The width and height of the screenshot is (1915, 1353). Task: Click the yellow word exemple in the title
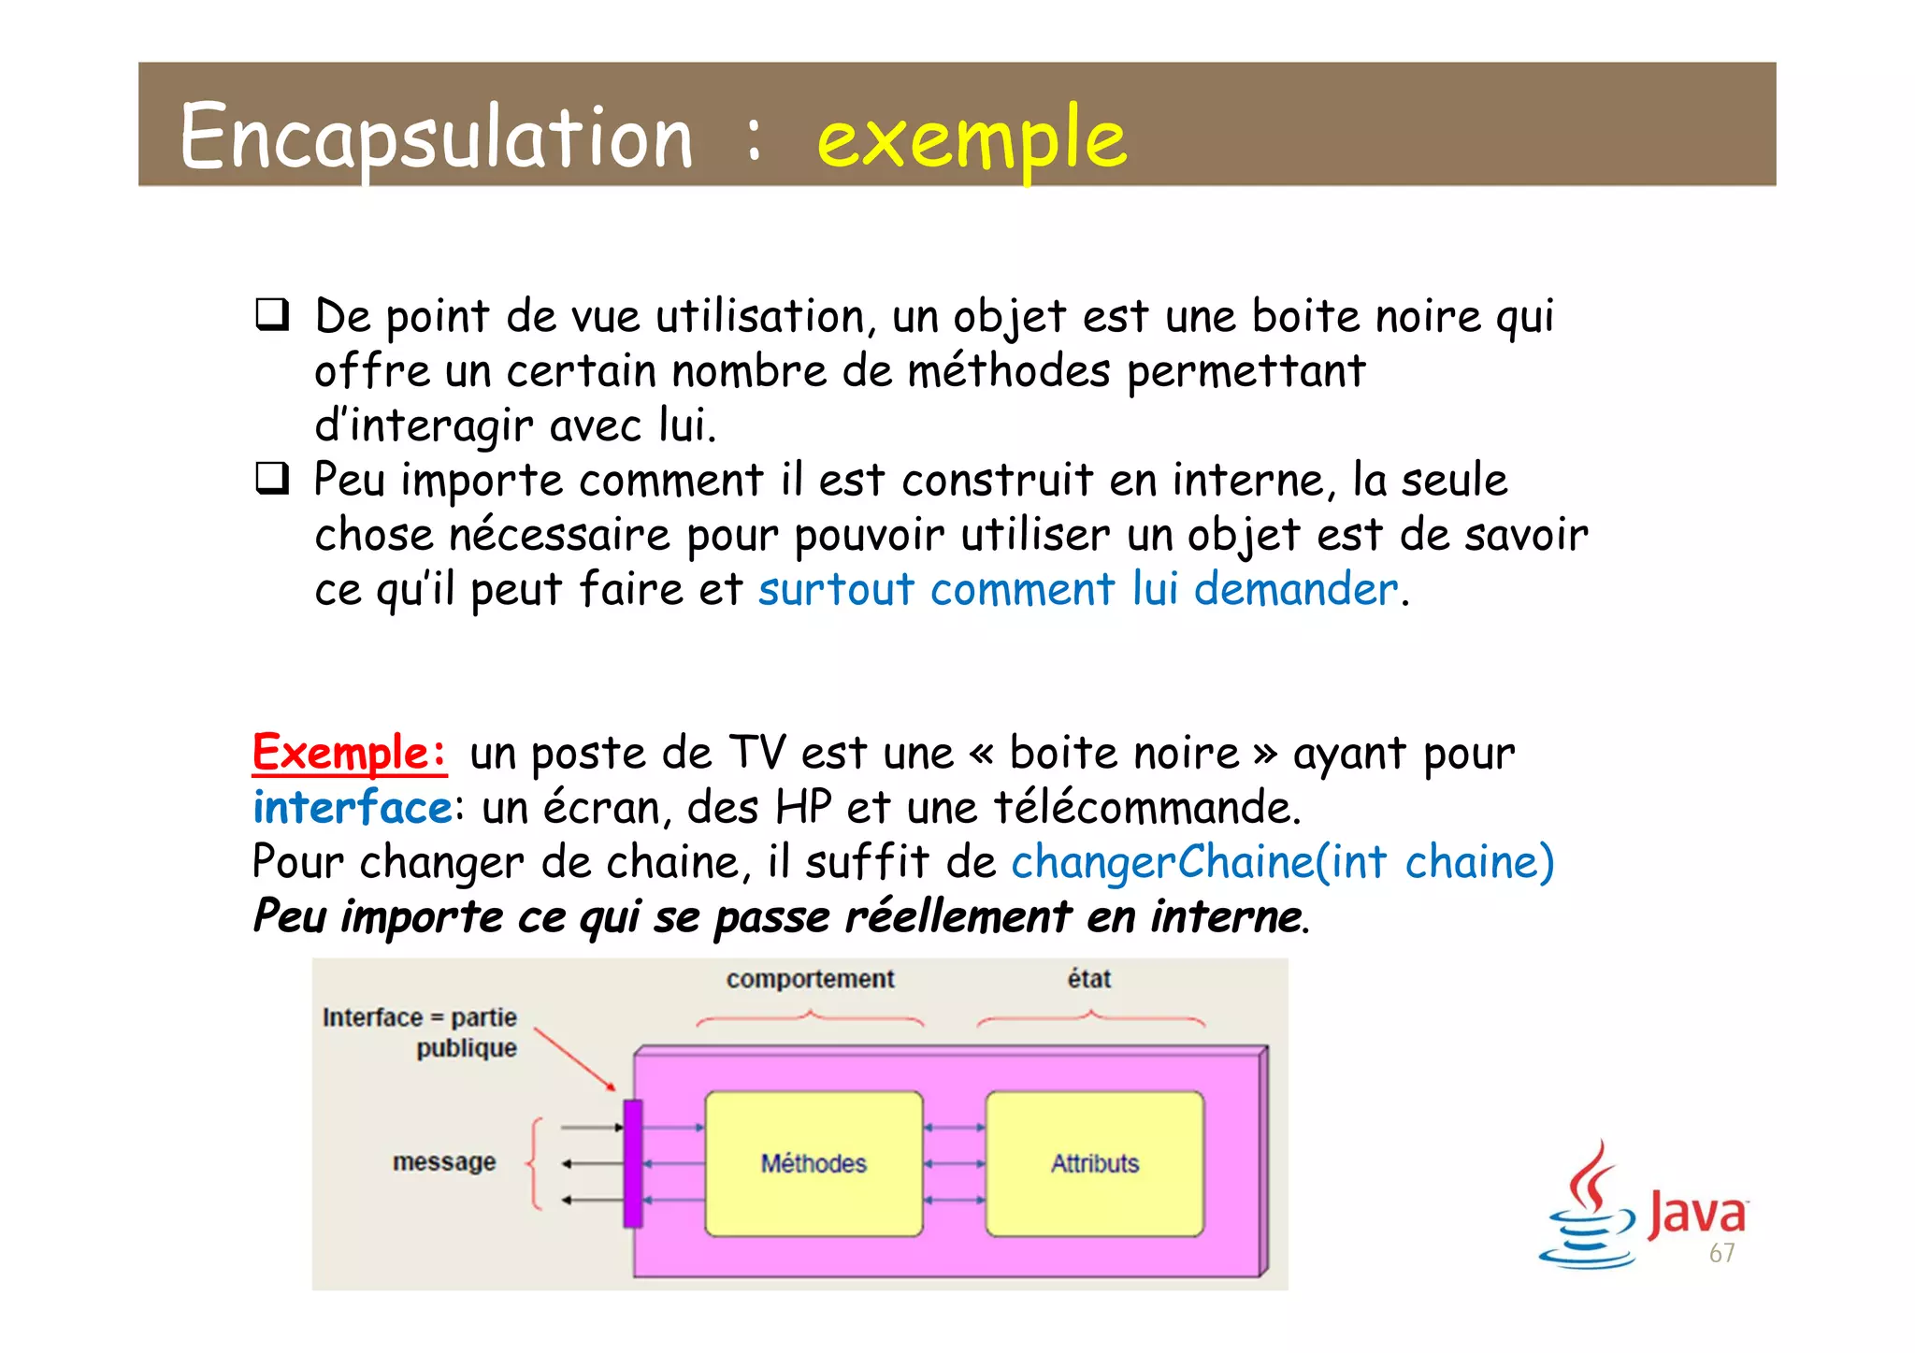[972, 138]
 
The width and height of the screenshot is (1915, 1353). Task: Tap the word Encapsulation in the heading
[436, 138]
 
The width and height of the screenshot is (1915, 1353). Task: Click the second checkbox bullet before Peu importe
[272, 479]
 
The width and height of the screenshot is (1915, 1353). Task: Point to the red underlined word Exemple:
[350, 753]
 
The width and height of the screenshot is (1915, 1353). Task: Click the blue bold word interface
[353, 808]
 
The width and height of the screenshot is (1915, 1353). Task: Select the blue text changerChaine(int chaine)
[1282, 862]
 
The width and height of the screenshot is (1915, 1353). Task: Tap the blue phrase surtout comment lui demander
[1077, 590]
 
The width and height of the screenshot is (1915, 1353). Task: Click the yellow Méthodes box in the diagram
[814, 1163]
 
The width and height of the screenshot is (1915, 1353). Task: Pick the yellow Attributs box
[1095, 1163]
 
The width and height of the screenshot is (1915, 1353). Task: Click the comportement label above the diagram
[810, 979]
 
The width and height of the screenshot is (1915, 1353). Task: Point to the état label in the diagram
[1089, 979]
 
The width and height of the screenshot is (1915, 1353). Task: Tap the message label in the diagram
[444, 1162]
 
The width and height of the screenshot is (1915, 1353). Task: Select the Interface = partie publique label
[421, 1032]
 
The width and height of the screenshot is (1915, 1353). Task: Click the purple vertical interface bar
[633, 1163]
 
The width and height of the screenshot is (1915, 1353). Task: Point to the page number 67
[1721, 1254]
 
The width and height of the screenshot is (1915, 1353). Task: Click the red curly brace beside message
[535, 1163]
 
